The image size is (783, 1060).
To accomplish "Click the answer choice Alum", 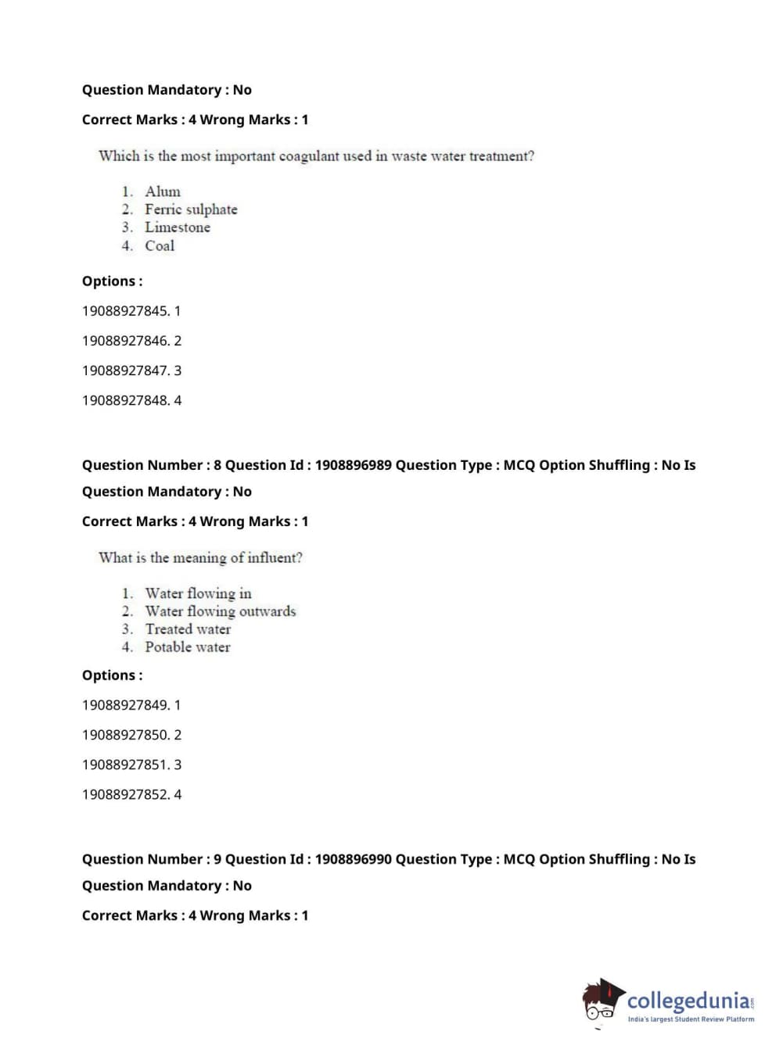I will tap(162, 192).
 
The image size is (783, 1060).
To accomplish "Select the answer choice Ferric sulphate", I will tap(190, 209).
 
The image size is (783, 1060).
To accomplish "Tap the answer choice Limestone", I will tap(177, 227).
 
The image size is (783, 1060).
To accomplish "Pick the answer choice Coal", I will tap(160, 245).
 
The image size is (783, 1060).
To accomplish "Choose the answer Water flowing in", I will tap(198, 593).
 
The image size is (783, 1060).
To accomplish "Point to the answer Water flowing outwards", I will tap(220, 611).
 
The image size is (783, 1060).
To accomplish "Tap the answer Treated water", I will tap(188, 629).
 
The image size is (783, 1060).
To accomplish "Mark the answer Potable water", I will tap(187, 647).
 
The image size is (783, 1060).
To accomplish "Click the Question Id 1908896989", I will tap(353, 465).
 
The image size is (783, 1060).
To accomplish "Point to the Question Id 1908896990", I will tap(353, 859).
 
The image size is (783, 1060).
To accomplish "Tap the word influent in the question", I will tap(275, 558).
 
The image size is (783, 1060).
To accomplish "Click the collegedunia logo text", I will tap(688, 1001).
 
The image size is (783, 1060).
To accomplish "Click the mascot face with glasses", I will tap(601, 1004).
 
